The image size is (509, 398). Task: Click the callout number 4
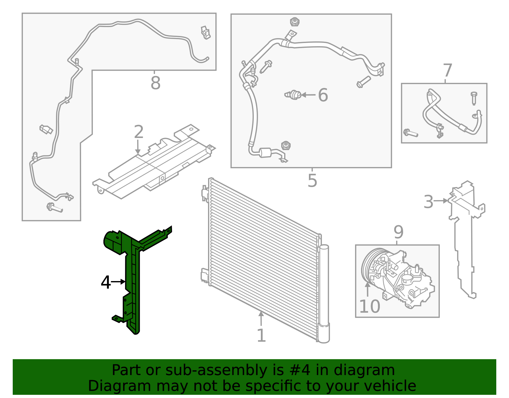pos(106,282)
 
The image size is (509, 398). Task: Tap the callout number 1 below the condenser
pos(261,336)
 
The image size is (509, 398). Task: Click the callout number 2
pos(139,132)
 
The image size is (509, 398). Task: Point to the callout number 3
pos(429,202)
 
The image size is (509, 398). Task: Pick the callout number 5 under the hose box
pos(312,181)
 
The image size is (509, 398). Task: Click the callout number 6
pos(323,95)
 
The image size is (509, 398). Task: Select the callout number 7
pos(447,70)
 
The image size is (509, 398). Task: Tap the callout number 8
pos(155,83)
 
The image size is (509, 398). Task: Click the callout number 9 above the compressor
pos(398,232)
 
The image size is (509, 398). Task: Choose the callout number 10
pos(369,307)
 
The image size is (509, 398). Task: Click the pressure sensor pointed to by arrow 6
pos(293,95)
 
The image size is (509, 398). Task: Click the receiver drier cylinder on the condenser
pos(324,293)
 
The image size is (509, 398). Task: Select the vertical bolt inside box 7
pos(474,98)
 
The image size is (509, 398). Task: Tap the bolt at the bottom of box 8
pos(54,208)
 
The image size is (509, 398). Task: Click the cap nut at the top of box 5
pos(295,22)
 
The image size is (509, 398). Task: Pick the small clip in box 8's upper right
pos(206,33)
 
